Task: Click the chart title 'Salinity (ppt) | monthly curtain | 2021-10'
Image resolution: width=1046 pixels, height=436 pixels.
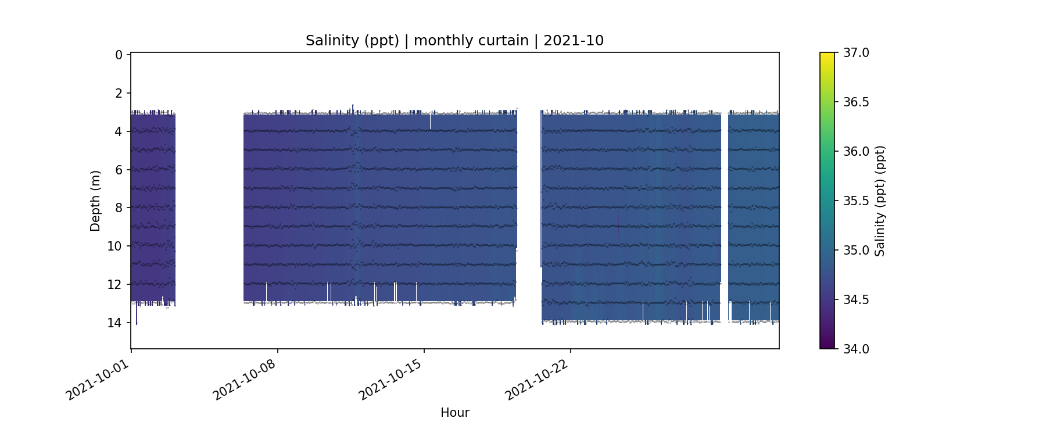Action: click(x=454, y=41)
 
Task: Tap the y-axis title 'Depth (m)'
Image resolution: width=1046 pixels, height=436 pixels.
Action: click(x=95, y=201)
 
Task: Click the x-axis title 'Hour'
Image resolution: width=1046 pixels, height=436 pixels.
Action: click(x=454, y=413)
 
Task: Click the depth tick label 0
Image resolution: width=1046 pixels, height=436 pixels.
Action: click(x=119, y=55)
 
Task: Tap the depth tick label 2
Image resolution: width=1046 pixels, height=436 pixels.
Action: click(x=119, y=94)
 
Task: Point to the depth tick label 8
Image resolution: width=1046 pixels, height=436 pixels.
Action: click(x=119, y=208)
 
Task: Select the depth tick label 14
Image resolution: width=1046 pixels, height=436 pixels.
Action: click(x=115, y=323)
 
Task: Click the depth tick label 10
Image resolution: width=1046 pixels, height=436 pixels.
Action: click(x=115, y=246)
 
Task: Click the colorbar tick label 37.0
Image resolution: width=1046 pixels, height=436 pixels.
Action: click(x=856, y=53)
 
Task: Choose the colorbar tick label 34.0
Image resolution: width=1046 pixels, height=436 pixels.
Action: click(x=856, y=349)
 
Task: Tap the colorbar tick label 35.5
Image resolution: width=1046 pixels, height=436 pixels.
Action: click(x=856, y=201)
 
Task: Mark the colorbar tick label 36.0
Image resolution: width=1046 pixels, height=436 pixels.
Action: click(x=856, y=152)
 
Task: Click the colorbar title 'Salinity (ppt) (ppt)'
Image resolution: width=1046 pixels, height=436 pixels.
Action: click(x=880, y=201)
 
